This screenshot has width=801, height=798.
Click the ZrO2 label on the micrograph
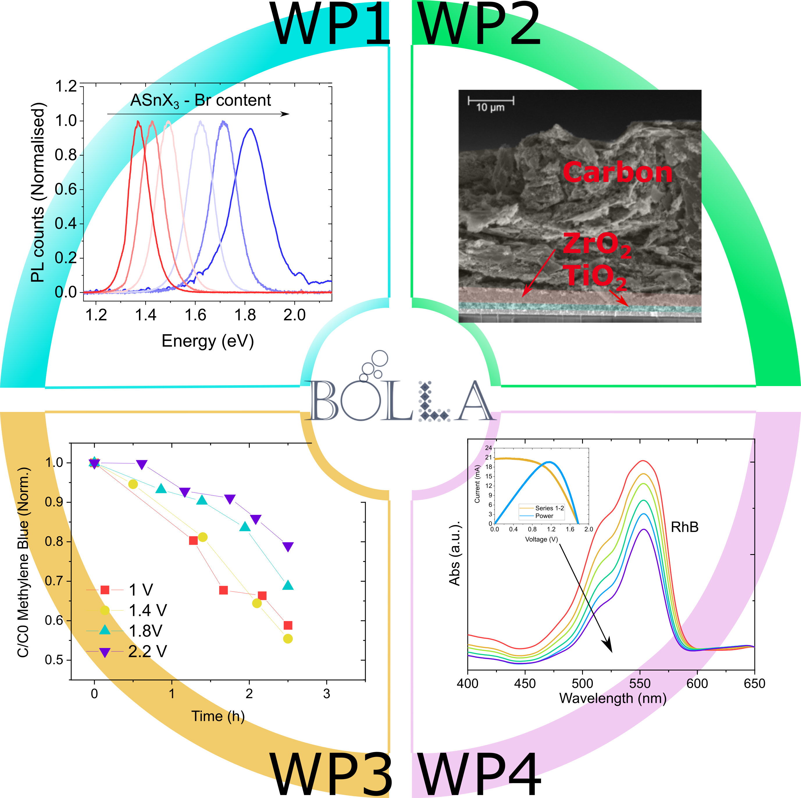coord(597,244)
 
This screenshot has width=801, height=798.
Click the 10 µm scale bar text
coord(490,107)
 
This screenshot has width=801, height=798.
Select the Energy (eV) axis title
coord(207,341)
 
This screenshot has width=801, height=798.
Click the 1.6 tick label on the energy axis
coord(195,315)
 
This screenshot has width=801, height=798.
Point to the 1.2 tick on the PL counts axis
coord(66,86)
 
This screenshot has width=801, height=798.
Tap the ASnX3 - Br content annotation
coord(201,101)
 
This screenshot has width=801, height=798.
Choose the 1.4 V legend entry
coord(147,610)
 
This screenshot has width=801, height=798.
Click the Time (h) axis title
coord(218,716)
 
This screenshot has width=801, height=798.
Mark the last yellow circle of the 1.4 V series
coord(288,639)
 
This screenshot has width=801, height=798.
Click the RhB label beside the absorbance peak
coord(684,527)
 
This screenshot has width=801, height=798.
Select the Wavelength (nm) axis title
coord(613,698)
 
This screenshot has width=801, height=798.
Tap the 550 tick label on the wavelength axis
coord(640,683)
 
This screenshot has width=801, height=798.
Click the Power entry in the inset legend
coord(544,516)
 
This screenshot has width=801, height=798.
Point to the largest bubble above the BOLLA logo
coord(379,358)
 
